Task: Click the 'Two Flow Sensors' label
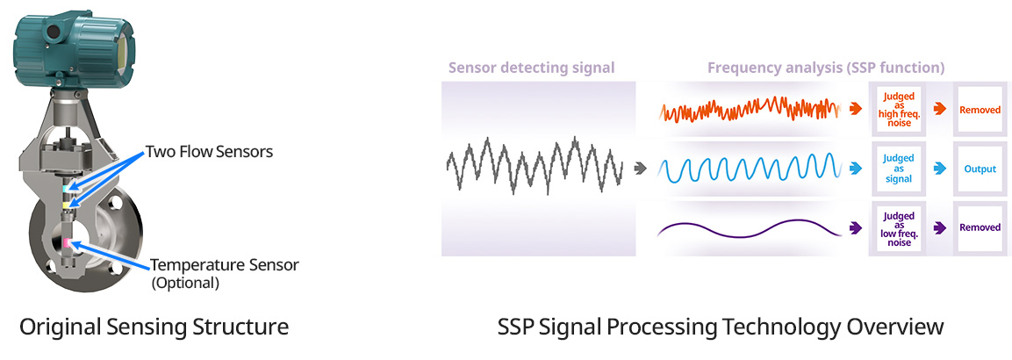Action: click(x=209, y=152)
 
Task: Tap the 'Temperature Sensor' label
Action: click(x=225, y=265)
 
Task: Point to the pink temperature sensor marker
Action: click(x=67, y=242)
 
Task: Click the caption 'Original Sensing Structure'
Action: click(x=154, y=327)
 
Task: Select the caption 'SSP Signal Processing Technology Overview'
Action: click(x=721, y=327)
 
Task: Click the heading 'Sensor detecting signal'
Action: click(x=532, y=67)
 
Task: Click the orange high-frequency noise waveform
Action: click(x=750, y=110)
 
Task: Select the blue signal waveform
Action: click(x=750, y=169)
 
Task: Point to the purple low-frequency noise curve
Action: click(x=750, y=228)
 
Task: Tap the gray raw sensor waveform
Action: click(x=535, y=165)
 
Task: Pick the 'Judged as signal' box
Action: click(x=898, y=169)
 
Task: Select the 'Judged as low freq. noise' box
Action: click(x=898, y=227)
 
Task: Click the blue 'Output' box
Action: click(x=980, y=169)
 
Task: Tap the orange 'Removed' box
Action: click(x=980, y=110)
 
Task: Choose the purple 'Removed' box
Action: click(x=980, y=227)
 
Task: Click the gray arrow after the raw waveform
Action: click(x=640, y=169)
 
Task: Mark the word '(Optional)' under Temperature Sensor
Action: click(x=185, y=283)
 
